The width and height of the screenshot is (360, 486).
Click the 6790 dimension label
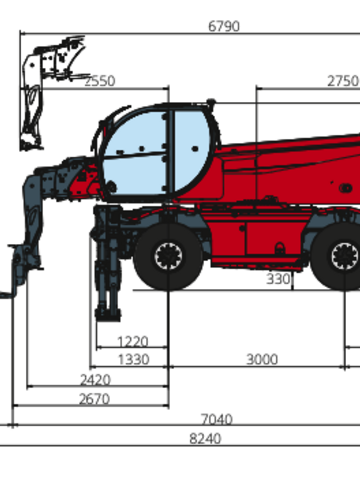point(224,26)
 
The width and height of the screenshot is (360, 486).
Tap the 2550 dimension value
point(100,81)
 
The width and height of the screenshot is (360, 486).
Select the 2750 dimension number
point(343,81)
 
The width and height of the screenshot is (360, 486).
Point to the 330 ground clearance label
point(278,279)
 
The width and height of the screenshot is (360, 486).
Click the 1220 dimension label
point(133,342)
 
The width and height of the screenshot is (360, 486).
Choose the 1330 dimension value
point(133,360)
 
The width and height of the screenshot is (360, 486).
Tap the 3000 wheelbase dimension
point(262,360)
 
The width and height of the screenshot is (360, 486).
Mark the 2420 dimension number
point(95,380)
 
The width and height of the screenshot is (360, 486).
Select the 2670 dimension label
point(94,399)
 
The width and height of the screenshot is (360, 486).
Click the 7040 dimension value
point(217,419)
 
